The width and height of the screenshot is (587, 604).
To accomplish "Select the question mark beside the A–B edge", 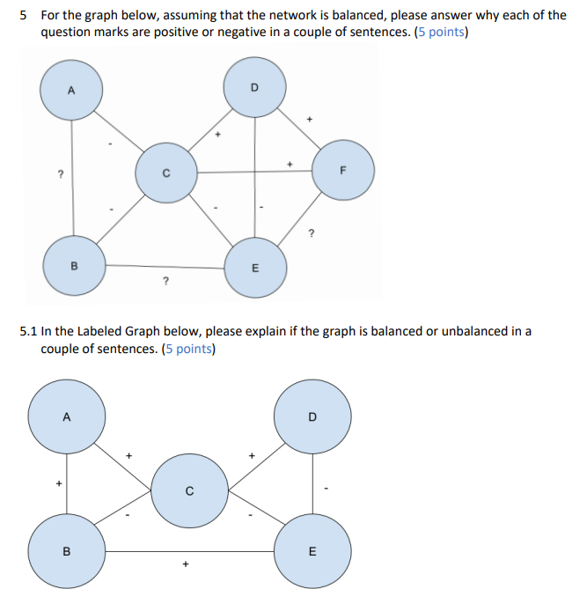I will click(x=60, y=174).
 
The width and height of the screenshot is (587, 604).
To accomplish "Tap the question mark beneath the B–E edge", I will click(x=165, y=282).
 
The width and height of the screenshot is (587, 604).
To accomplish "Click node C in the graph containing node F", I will click(x=165, y=173).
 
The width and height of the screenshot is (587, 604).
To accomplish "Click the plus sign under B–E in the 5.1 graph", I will click(x=185, y=565).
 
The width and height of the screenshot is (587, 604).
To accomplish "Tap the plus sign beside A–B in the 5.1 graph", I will click(x=59, y=483).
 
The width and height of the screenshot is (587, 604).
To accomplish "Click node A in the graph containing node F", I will click(x=72, y=91).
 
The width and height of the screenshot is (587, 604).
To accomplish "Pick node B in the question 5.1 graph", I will click(x=67, y=553).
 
